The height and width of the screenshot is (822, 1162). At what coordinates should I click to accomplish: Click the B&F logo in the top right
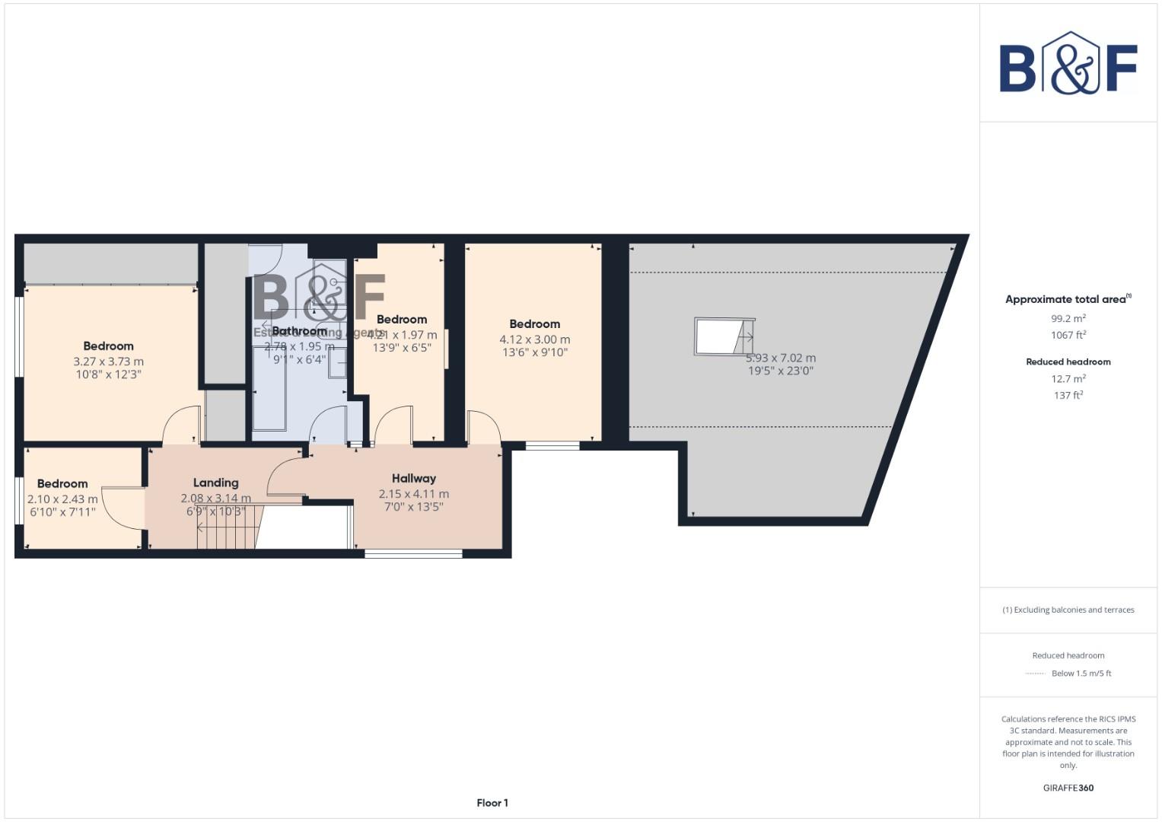pyautogui.click(x=1068, y=63)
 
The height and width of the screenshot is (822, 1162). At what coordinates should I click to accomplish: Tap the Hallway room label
pyautogui.click(x=414, y=479)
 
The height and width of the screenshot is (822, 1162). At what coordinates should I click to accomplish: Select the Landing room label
pyautogui.click(x=215, y=483)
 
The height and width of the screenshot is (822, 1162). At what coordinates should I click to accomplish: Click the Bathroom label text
pyautogui.click(x=299, y=331)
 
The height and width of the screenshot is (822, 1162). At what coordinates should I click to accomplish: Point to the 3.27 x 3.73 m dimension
pyautogui.click(x=108, y=362)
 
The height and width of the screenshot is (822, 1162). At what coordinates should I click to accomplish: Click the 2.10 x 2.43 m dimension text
pyautogui.click(x=62, y=499)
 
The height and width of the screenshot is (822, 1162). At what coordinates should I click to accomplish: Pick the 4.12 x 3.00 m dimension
pyautogui.click(x=534, y=339)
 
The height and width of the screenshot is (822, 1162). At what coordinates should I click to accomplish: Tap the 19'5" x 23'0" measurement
pyautogui.click(x=780, y=371)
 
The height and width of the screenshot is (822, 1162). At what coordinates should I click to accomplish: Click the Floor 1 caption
pyautogui.click(x=492, y=803)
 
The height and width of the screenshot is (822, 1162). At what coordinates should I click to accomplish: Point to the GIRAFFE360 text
pyautogui.click(x=1068, y=788)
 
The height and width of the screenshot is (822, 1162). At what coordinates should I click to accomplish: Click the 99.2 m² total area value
pyautogui.click(x=1068, y=319)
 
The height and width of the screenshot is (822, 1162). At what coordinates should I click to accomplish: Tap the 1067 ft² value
pyautogui.click(x=1068, y=335)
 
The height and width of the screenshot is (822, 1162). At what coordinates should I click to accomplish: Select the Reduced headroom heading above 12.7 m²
pyautogui.click(x=1068, y=362)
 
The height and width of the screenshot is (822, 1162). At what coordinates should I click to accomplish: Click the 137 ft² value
pyautogui.click(x=1068, y=395)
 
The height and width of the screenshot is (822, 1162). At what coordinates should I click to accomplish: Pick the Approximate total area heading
pyautogui.click(x=1065, y=299)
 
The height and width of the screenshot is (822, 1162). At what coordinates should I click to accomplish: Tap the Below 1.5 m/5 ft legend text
pyautogui.click(x=1081, y=674)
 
